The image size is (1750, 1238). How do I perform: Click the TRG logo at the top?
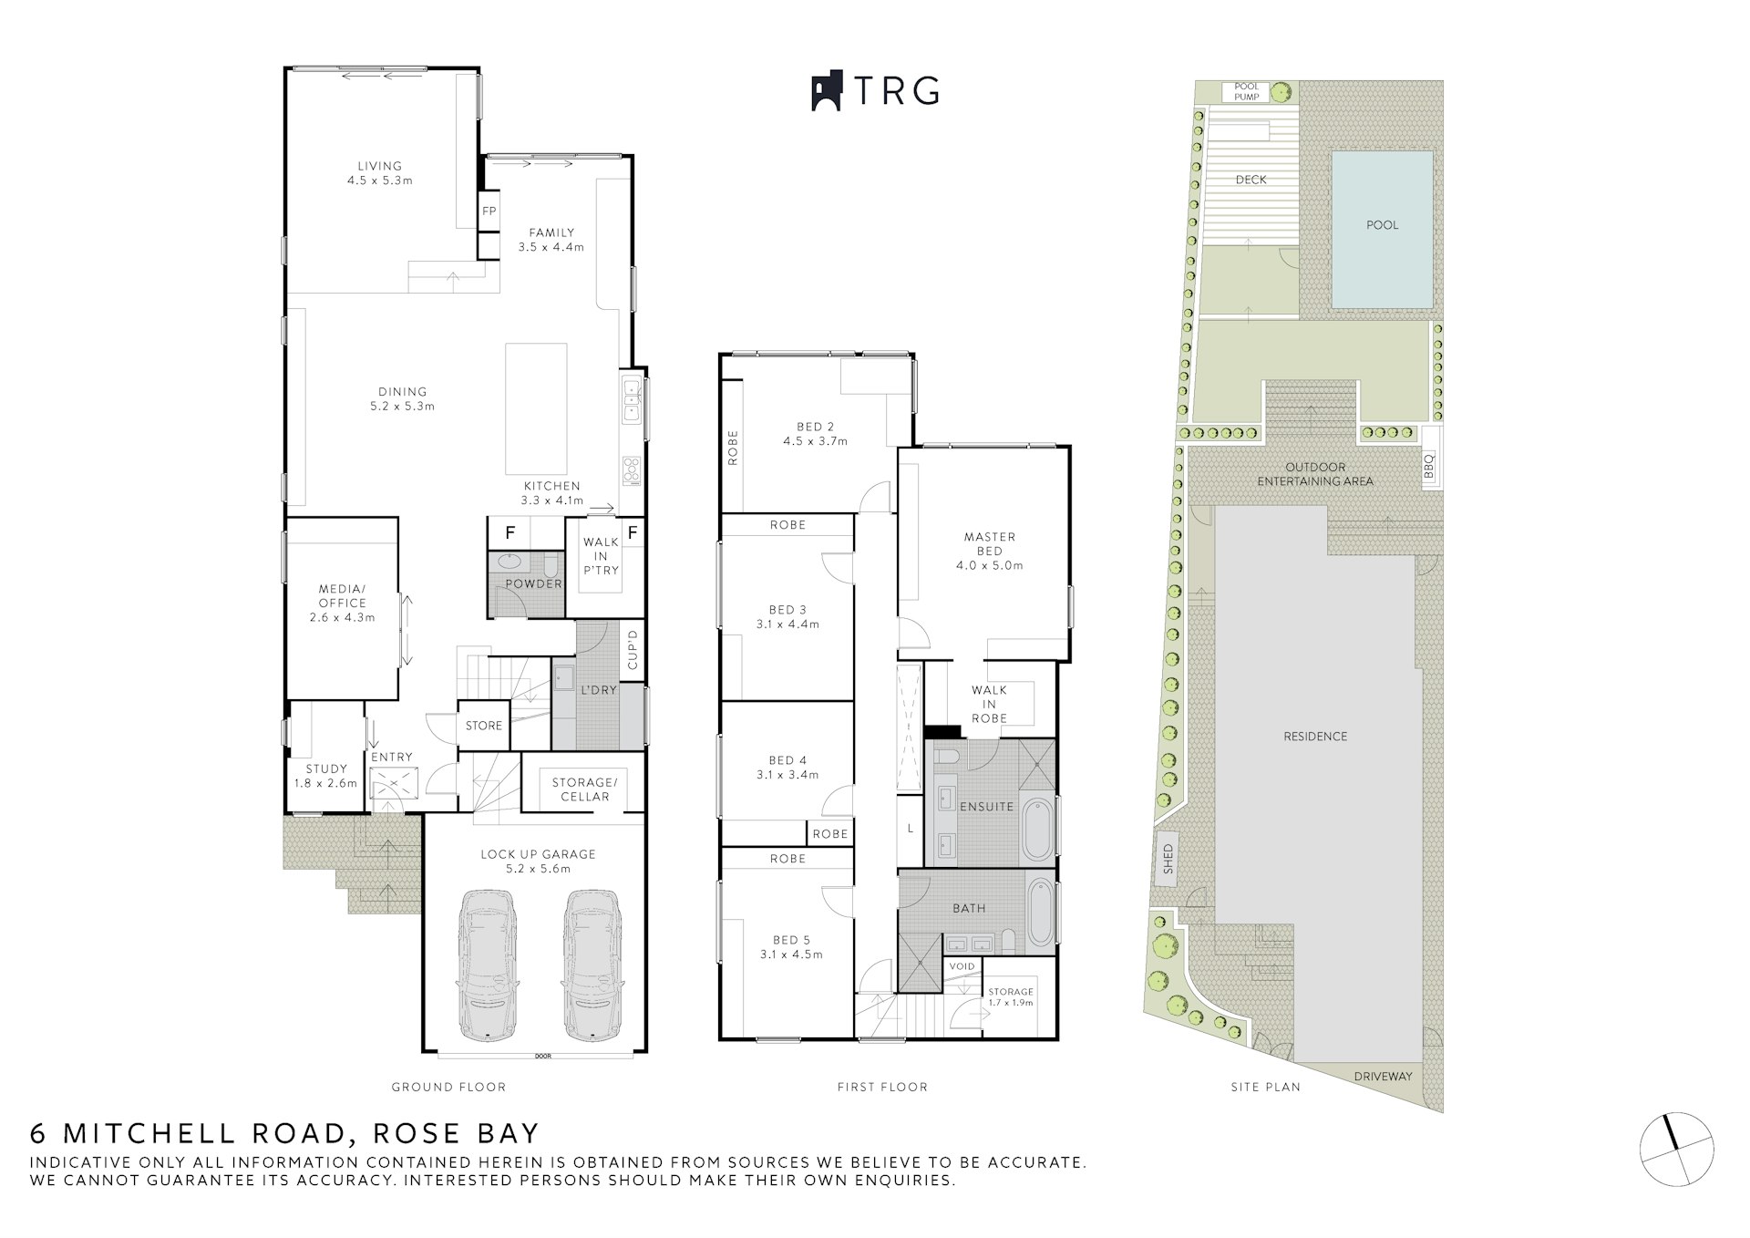(x=875, y=91)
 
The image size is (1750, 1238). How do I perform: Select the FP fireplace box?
(x=489, y=211)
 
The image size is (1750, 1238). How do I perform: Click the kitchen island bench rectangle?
(x=537, y=408)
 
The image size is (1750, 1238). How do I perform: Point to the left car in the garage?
(x=488, y=965)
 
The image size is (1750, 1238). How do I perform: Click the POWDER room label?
(x=533, y=583)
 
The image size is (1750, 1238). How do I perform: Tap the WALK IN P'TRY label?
(x=601, y=556)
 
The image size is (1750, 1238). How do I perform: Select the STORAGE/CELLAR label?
(x=584, y=789)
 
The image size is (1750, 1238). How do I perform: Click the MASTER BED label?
(x=989, y=544)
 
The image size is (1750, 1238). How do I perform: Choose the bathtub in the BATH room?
(x=1040, y=913)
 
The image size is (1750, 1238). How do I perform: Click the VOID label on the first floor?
(x=962, y=966)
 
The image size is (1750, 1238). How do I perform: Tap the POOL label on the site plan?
(x=1382, y=225)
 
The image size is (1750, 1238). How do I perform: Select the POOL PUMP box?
(x=1246, y=92)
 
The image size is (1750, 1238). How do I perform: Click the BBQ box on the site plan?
(x=1429, y=467)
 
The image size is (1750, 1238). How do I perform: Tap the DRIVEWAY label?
(x=1383, y=1077)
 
